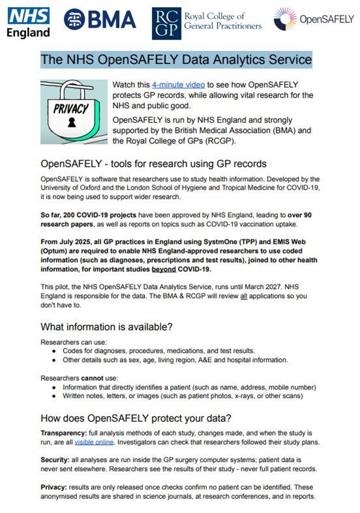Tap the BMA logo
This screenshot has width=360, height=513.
(99, 20)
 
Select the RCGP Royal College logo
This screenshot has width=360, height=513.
(207, 23)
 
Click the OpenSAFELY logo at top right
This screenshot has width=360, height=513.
(314, 19)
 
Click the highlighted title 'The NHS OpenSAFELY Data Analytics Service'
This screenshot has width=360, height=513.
(176, 59)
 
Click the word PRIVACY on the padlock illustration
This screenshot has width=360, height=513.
(72, 108)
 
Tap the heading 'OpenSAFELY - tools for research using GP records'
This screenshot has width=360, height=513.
(153, 163)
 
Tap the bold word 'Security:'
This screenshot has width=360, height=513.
(56, 460)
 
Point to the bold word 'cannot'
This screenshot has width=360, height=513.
(94, 377)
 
